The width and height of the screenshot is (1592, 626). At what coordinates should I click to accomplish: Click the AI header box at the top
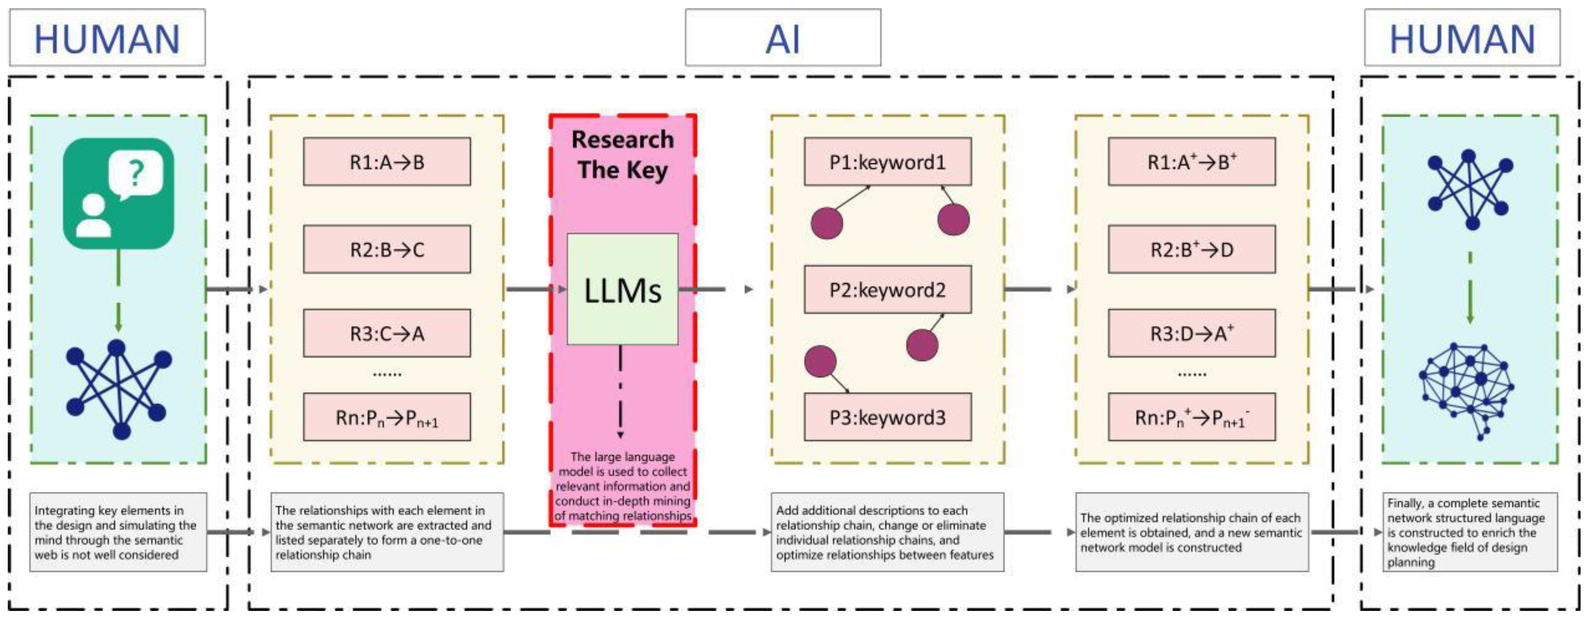tap(783, 38)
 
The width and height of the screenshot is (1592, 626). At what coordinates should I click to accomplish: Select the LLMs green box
tap(622, 289)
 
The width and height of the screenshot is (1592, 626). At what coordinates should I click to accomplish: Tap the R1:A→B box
tap(386, 162)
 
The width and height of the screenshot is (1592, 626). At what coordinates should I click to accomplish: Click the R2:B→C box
tap(386, 249)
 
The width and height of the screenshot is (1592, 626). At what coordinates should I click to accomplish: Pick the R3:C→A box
tap(386, 333)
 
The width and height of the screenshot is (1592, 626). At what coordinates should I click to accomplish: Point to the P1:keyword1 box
tap(887, 162)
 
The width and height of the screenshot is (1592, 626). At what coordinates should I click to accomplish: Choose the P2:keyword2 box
tap(887, 289)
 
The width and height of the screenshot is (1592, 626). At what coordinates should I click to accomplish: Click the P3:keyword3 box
tap(887, 417)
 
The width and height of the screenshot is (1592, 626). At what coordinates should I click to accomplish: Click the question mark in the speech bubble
tap(136, 173)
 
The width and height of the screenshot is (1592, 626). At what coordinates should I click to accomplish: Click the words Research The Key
tap(622, 155)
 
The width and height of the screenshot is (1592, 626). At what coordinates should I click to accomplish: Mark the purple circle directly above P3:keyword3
tap(820, 361)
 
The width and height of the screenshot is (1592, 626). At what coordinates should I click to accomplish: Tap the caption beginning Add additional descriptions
tap(887, 532)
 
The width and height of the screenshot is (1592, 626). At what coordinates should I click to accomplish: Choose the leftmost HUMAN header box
tap(107, 38)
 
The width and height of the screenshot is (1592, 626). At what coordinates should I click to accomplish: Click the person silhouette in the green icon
tap(94, 216)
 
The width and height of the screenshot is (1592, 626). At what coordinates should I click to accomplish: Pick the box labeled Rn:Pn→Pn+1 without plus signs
tap(386, 417)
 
